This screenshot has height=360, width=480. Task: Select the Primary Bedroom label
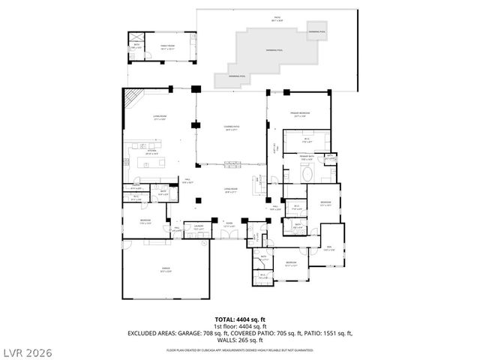tap(301, 115)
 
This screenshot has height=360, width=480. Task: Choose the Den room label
tap(329, 247)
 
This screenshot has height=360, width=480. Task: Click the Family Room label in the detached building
tap(166, 46)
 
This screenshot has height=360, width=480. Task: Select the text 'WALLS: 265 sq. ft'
tap(240, 338)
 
